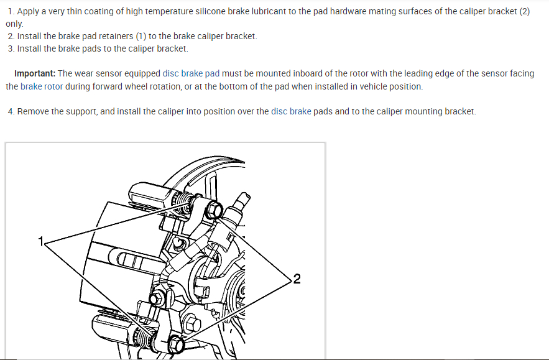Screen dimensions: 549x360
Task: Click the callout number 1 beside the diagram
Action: coord(41,241)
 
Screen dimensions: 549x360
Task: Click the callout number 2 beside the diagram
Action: coord(297,279)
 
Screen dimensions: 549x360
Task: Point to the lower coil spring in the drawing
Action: coord(147,338)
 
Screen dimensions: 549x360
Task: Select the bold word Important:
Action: coord(35,73)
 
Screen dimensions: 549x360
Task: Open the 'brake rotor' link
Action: coord(42,86)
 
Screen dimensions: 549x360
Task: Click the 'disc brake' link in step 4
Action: coord(291,111)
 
